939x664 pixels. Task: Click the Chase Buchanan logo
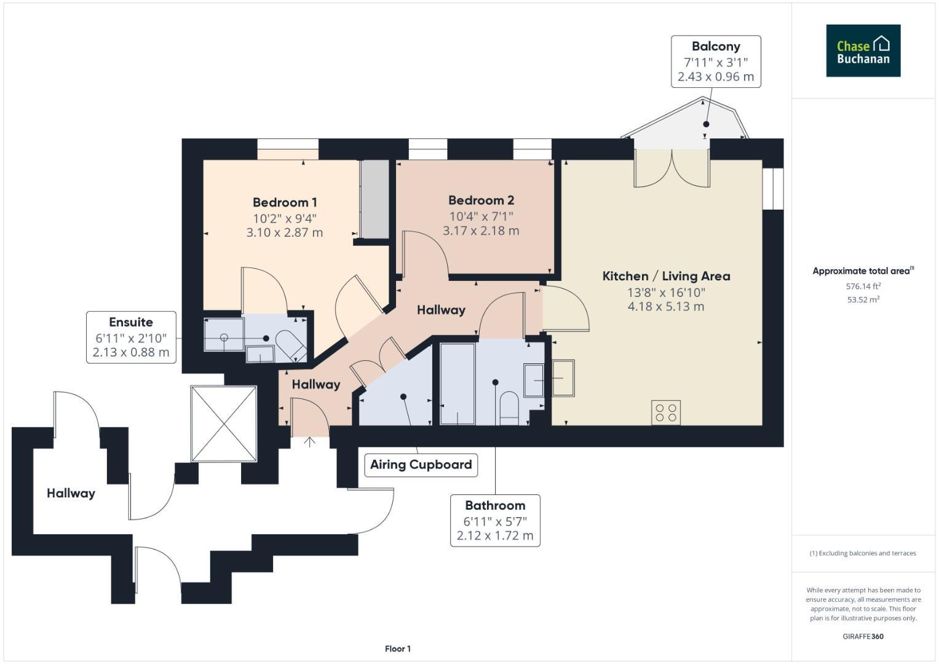(863, 50)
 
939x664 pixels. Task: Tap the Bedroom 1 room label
(285, 202)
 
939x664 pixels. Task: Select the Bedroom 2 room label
(481, 200)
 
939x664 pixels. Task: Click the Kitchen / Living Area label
(666, 276)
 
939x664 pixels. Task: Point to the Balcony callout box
(716, 61)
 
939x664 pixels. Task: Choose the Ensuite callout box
(131, 337)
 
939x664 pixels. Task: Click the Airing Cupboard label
(421, 464)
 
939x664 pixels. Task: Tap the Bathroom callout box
(495, 520)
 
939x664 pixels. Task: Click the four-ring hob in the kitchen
(666, 412)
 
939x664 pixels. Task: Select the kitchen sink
(563, 378)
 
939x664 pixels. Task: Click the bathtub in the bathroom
(458, 384)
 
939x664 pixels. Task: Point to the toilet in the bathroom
(509, 408)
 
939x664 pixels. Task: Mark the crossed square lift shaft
(223, 423)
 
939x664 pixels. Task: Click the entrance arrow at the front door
(309, 441)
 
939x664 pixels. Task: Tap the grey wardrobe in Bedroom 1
(374, 199)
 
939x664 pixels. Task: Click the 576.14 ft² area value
(863, 286)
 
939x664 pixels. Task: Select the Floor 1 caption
(397, 649)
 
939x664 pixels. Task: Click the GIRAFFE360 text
(863, 636)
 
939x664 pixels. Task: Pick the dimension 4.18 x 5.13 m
(666, 306)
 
